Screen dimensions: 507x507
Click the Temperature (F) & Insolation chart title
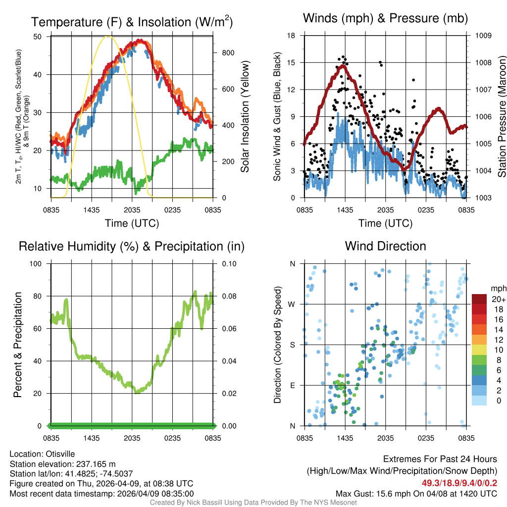coord(132,22)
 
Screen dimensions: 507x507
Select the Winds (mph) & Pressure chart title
coord(385,18)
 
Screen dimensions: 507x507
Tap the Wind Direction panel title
coord(385,246)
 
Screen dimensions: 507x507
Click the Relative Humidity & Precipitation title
coord(132,246)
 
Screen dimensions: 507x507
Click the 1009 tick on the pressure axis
coord(483,36)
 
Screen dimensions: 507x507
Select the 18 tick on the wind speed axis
coord(292,36)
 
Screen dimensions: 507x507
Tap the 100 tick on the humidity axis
coord(37,264)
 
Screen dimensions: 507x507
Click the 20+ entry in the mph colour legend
coord(498,300)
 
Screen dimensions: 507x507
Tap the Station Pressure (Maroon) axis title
coord(502,117)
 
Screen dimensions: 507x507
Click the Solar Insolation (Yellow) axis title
coord(245,117)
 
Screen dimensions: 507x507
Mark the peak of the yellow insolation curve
coord(109,36)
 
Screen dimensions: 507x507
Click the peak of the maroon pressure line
coord(342,65)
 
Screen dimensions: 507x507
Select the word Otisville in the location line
coord(61,454)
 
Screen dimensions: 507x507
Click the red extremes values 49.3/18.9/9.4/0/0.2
coord(459,483)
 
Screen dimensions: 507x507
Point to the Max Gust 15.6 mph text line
coord(416,493)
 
